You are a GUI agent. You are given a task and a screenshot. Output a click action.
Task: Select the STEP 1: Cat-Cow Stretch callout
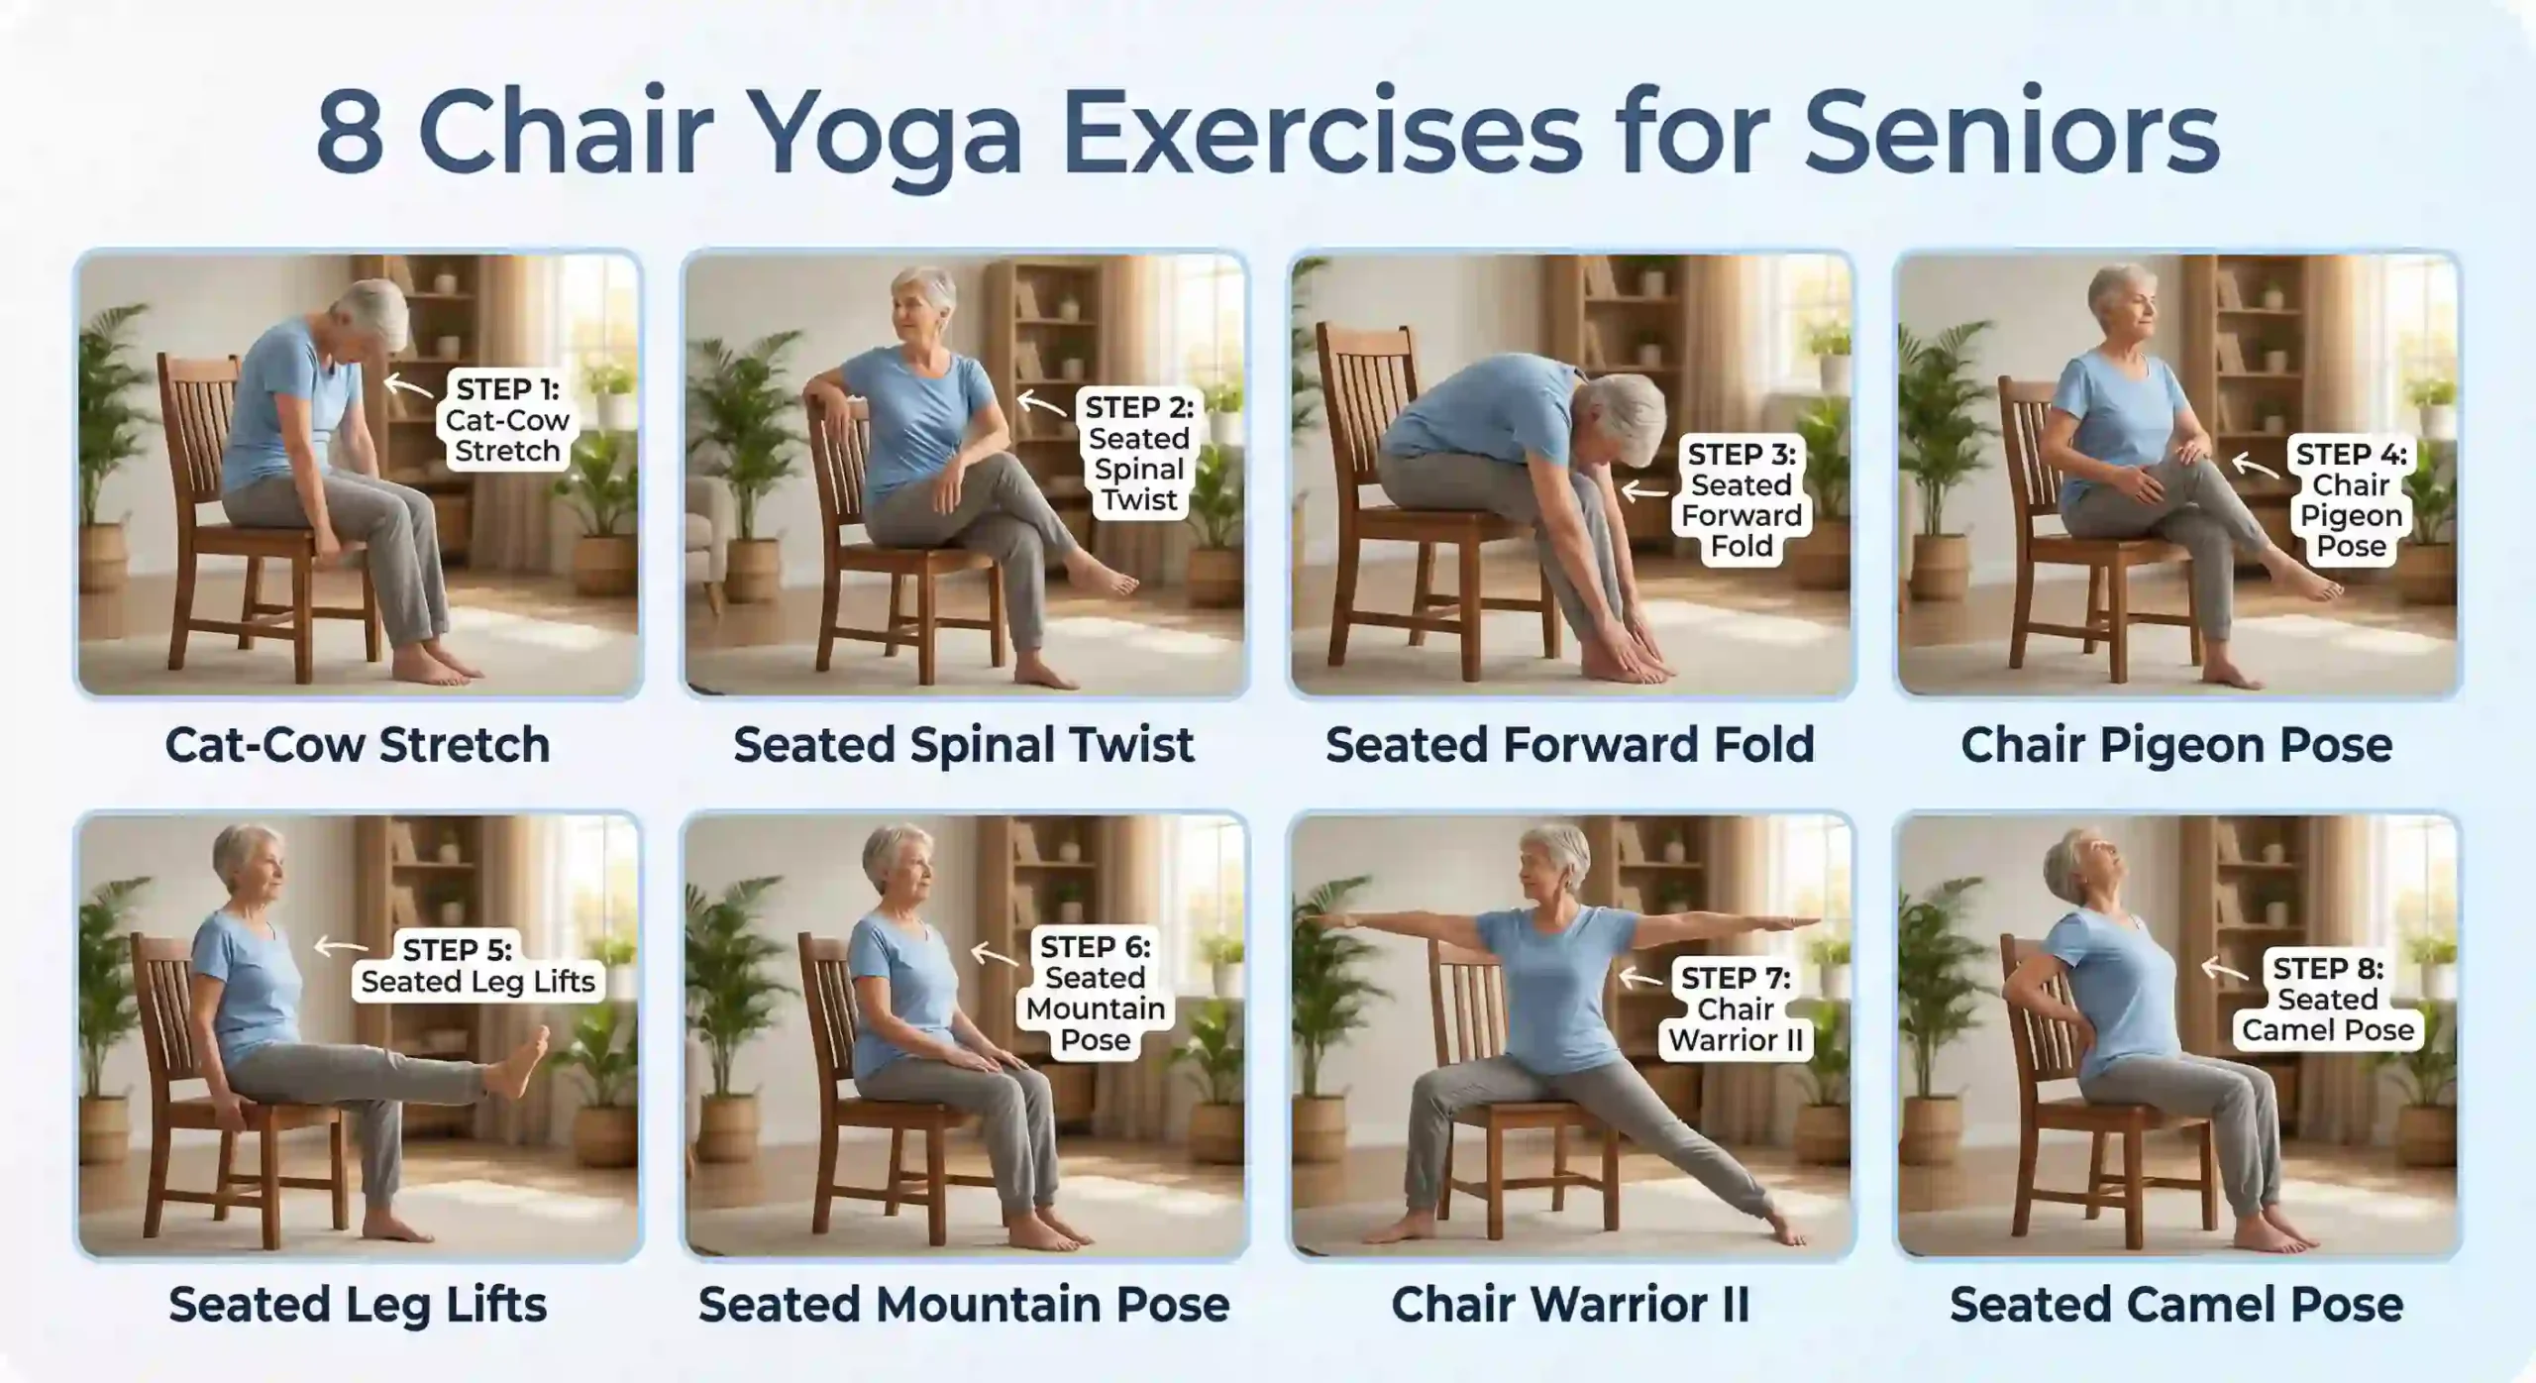(507, 420)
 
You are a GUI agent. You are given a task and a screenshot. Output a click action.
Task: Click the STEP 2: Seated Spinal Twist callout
(1139, 454)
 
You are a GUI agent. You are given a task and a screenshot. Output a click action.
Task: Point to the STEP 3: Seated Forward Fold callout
(1742, 500)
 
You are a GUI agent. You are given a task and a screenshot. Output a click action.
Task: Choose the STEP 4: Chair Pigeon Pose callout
(2351, 500)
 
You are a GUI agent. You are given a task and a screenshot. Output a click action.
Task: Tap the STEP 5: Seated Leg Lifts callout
(477, 966)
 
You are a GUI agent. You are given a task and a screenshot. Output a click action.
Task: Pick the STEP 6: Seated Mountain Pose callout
(1095, 994)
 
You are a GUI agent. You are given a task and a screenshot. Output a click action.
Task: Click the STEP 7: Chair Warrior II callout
(1736, 1010)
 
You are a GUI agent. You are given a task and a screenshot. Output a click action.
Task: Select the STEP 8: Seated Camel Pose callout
(2328, 1000)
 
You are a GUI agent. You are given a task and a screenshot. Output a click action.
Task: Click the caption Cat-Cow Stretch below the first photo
(358, 745)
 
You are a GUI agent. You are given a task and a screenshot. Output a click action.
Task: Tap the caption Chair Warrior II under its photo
(1570, 1305)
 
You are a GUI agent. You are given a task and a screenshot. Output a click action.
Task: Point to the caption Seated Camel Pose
(2176, 1305)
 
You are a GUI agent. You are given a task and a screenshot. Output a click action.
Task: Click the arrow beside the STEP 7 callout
(1640, 979)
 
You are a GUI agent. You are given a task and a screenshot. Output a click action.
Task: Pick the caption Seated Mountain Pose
(964, 1305)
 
